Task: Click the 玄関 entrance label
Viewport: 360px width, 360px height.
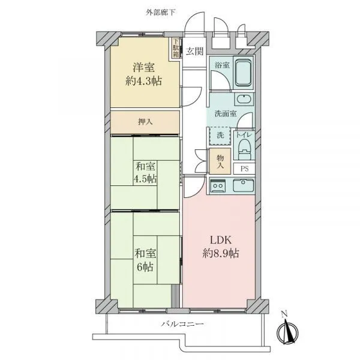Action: pos(194,51)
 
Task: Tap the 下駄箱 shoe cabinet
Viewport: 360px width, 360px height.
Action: pos(176,48)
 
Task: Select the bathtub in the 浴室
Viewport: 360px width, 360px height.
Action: pos(243,73)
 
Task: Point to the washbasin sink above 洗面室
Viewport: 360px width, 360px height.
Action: pos(244,100)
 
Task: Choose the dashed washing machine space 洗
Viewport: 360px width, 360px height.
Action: pos(220,136)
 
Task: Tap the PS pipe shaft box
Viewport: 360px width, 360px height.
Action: pos(244,169)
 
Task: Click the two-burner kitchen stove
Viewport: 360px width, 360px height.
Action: pos(218,185)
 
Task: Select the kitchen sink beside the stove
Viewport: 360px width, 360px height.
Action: pos(244,185)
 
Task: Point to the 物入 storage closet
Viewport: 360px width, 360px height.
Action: pos(220,161)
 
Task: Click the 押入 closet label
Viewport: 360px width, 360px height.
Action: pos(145,121)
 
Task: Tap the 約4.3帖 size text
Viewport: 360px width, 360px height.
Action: pos(144,81)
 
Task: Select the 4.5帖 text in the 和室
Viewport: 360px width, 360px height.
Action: pos(145,178)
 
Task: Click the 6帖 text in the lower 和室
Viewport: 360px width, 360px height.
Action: pos(145,267)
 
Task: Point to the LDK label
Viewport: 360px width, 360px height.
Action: pos(221,240)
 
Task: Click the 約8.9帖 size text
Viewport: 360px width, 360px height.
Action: pos(221,253)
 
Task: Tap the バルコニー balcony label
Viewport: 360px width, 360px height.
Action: pos(182,324)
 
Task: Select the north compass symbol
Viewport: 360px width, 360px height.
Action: pos(287,330)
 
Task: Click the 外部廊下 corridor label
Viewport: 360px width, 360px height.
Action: pos(161,13)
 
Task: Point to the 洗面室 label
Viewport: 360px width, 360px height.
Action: pos(226,113)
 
